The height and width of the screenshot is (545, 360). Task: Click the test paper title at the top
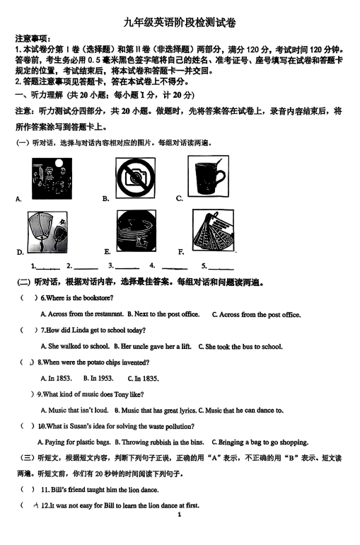click(x=180, y=23)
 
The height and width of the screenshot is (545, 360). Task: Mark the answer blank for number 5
click(x=221, y=268)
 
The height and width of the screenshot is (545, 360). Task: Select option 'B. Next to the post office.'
click(x=163, y=314)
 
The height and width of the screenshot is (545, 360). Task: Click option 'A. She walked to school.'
click(x=75, y=347)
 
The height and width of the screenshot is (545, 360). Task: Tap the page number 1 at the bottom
click(x=180, y=515)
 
